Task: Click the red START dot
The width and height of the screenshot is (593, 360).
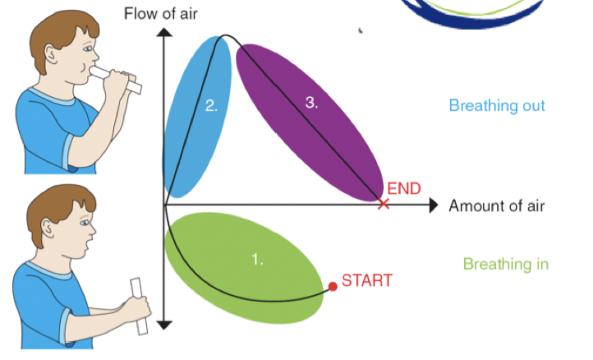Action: click(333, 287)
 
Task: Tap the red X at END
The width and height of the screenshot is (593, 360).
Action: click(382, 203)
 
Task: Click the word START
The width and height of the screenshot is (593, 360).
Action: click(366, 280)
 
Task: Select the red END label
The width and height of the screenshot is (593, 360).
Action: click(403, 188)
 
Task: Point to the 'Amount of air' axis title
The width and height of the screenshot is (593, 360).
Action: click(496, 205)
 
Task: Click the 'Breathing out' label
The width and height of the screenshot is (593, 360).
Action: click(496, 106)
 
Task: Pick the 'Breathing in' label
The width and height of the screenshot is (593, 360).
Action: click(505, 264)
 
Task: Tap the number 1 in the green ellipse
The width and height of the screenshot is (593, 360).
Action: click(257, 260)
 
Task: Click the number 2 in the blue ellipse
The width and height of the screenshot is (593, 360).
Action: click(211, 105)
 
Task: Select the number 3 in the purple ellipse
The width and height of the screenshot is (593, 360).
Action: click(311, 102)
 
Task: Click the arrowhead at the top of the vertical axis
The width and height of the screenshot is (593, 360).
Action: click(164, 33)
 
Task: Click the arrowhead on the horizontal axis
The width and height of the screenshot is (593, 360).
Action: click(433, 205)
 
